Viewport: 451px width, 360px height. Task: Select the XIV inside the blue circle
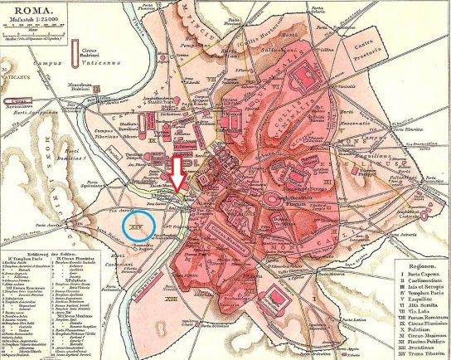tap(136, 224)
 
